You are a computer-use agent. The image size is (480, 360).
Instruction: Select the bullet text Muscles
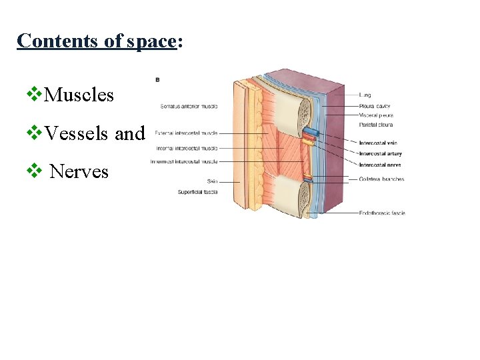click(x=79, y=95)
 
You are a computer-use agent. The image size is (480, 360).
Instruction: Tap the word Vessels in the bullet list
click(x=76, y=133)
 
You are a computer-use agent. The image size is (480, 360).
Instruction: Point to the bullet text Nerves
click(x=79, y=171)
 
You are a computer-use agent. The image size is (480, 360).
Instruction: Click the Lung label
click(x=365, y=95)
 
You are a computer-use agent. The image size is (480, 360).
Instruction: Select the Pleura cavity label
click(x=375, y=105)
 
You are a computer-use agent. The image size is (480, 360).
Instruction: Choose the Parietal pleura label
click(x=376, y=124)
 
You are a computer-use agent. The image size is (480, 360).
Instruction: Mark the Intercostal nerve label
click(x=380, y=165)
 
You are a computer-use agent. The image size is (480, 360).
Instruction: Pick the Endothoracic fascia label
click(x=382, y=213)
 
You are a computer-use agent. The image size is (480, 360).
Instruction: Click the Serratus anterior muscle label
click(x=189, y=105)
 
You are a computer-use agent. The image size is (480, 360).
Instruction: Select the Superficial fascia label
click(x=197, y=192)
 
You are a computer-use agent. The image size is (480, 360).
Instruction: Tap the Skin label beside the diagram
click(x=211, y=181)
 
